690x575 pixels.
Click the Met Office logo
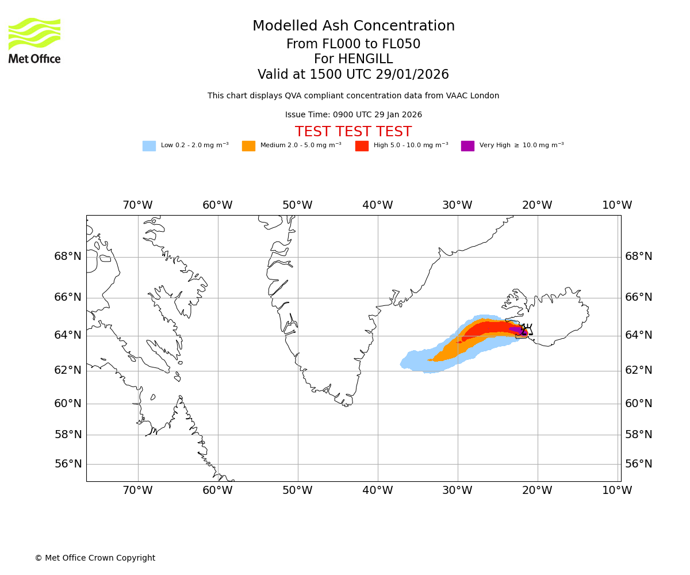34,40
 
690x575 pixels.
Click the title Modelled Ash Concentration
354,26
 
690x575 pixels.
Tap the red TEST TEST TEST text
353,132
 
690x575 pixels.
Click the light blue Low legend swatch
149,146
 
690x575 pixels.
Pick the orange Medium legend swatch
248,146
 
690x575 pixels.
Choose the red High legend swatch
362,146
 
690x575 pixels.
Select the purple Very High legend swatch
467,146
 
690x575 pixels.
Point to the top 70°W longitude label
137,205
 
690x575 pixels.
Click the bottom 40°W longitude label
377,490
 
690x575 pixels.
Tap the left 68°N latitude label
68,256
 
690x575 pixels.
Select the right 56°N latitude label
639,464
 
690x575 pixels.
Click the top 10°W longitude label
617,205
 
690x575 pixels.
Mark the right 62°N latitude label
639,370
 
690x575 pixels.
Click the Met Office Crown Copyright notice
95,558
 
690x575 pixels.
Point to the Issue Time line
353,115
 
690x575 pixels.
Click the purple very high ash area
516,330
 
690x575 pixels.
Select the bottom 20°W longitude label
537,490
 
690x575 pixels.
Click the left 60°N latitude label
68,404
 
